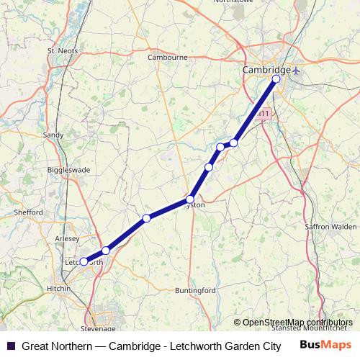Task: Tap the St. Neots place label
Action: pyautogui.click(x=61, y=51)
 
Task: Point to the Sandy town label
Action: pyautogui.click(x=53, y=135)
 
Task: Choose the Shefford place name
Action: pyautogui.click(x=29, y=212)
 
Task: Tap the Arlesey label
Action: pyautogui.click(x=66, y=237)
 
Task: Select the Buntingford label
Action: pyautogui.click(x=196, y=290)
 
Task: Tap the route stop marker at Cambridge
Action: pyautogui.click(x=276, y=78)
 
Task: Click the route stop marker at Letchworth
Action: pyautogui.click(x=84, y=262)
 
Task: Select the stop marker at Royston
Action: pyautogui.click(x=190, y=199)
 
